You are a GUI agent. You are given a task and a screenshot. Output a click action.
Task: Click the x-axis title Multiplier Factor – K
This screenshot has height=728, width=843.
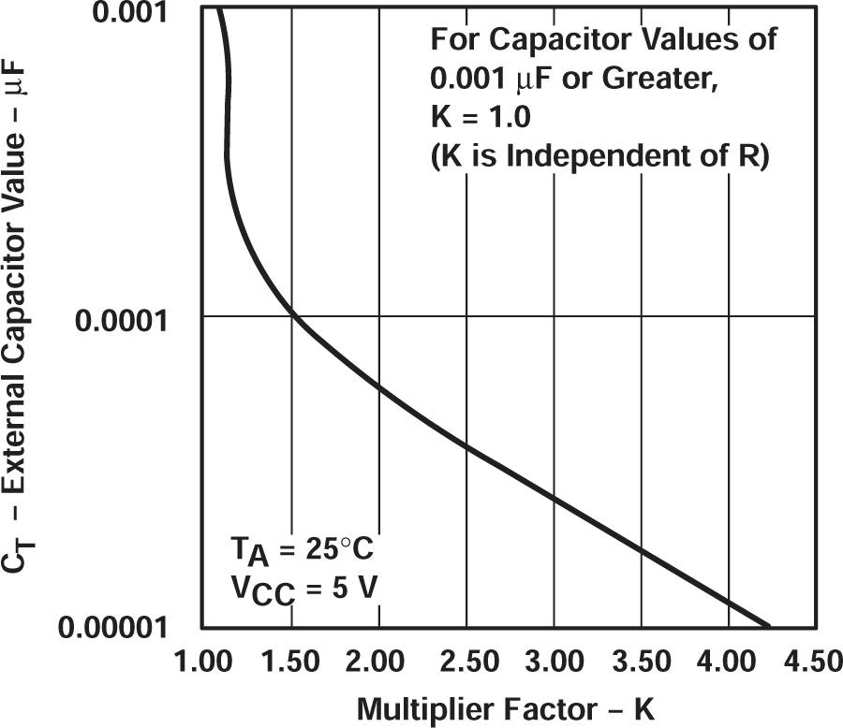[x=507, y=708]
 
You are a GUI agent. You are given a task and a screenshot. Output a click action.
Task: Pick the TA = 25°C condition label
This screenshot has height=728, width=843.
[x=302, y=548]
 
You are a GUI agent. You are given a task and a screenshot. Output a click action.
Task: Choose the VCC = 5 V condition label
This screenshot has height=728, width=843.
[x=302, y=590]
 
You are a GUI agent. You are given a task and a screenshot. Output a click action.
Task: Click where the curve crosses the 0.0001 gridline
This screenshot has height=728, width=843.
[x=292, y=316]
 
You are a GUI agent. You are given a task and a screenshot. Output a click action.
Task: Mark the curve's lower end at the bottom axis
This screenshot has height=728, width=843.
[x=768, y=625]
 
